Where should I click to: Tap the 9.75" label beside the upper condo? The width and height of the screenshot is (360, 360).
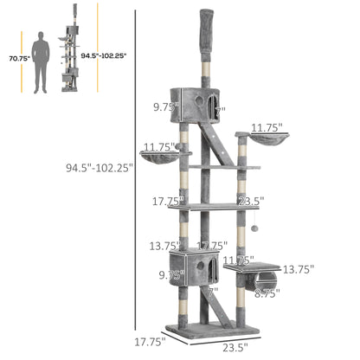[x=164, y=108]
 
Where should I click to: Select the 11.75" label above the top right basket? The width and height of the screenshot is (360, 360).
[x=267, y=127]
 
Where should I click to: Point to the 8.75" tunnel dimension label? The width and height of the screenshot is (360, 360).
[x=267, y=294]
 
